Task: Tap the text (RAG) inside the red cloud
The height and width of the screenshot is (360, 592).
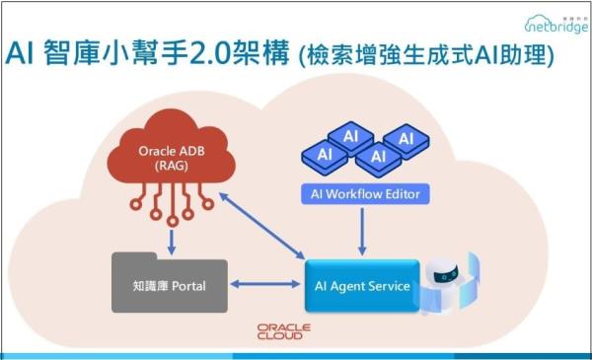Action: click(x=168, y=169)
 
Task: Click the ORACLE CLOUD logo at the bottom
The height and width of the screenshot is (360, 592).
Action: click(x=284, y=330)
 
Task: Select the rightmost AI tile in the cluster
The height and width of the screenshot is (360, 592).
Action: click(x=405, y=139)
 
